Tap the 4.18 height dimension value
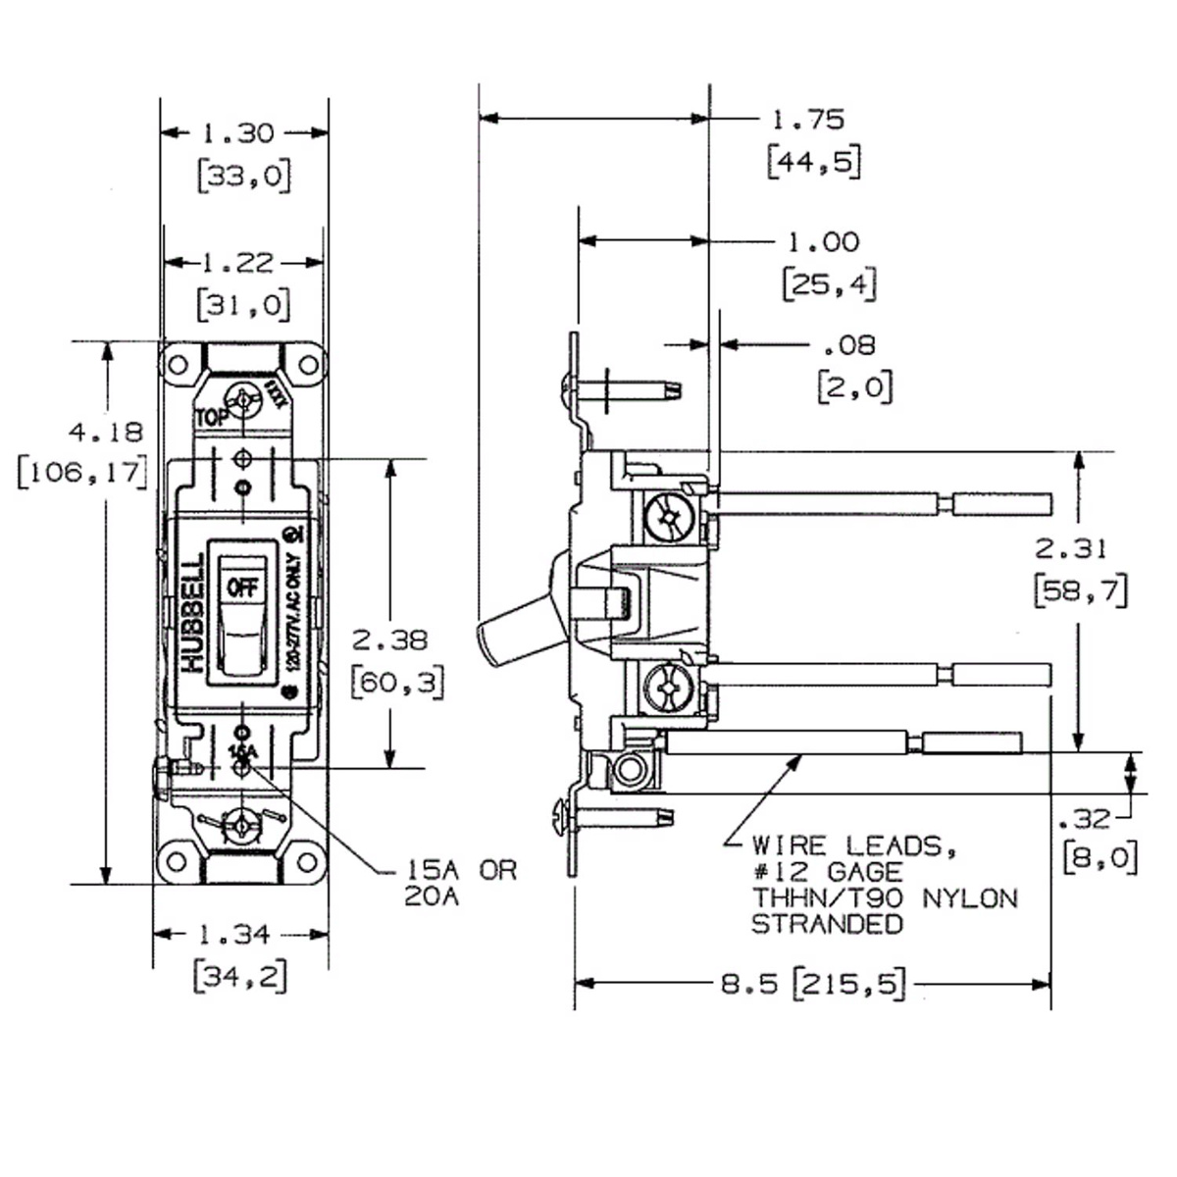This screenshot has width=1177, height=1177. pos(105,432)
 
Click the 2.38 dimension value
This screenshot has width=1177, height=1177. pos(389,640)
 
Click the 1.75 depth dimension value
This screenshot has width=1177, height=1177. pos(808,120)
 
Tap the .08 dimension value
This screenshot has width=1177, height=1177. pos(845,345)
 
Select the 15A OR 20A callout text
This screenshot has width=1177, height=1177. pos(460,883)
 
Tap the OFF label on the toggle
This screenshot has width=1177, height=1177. pos(240,587)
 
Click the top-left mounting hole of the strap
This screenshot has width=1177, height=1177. pos(178,365)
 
